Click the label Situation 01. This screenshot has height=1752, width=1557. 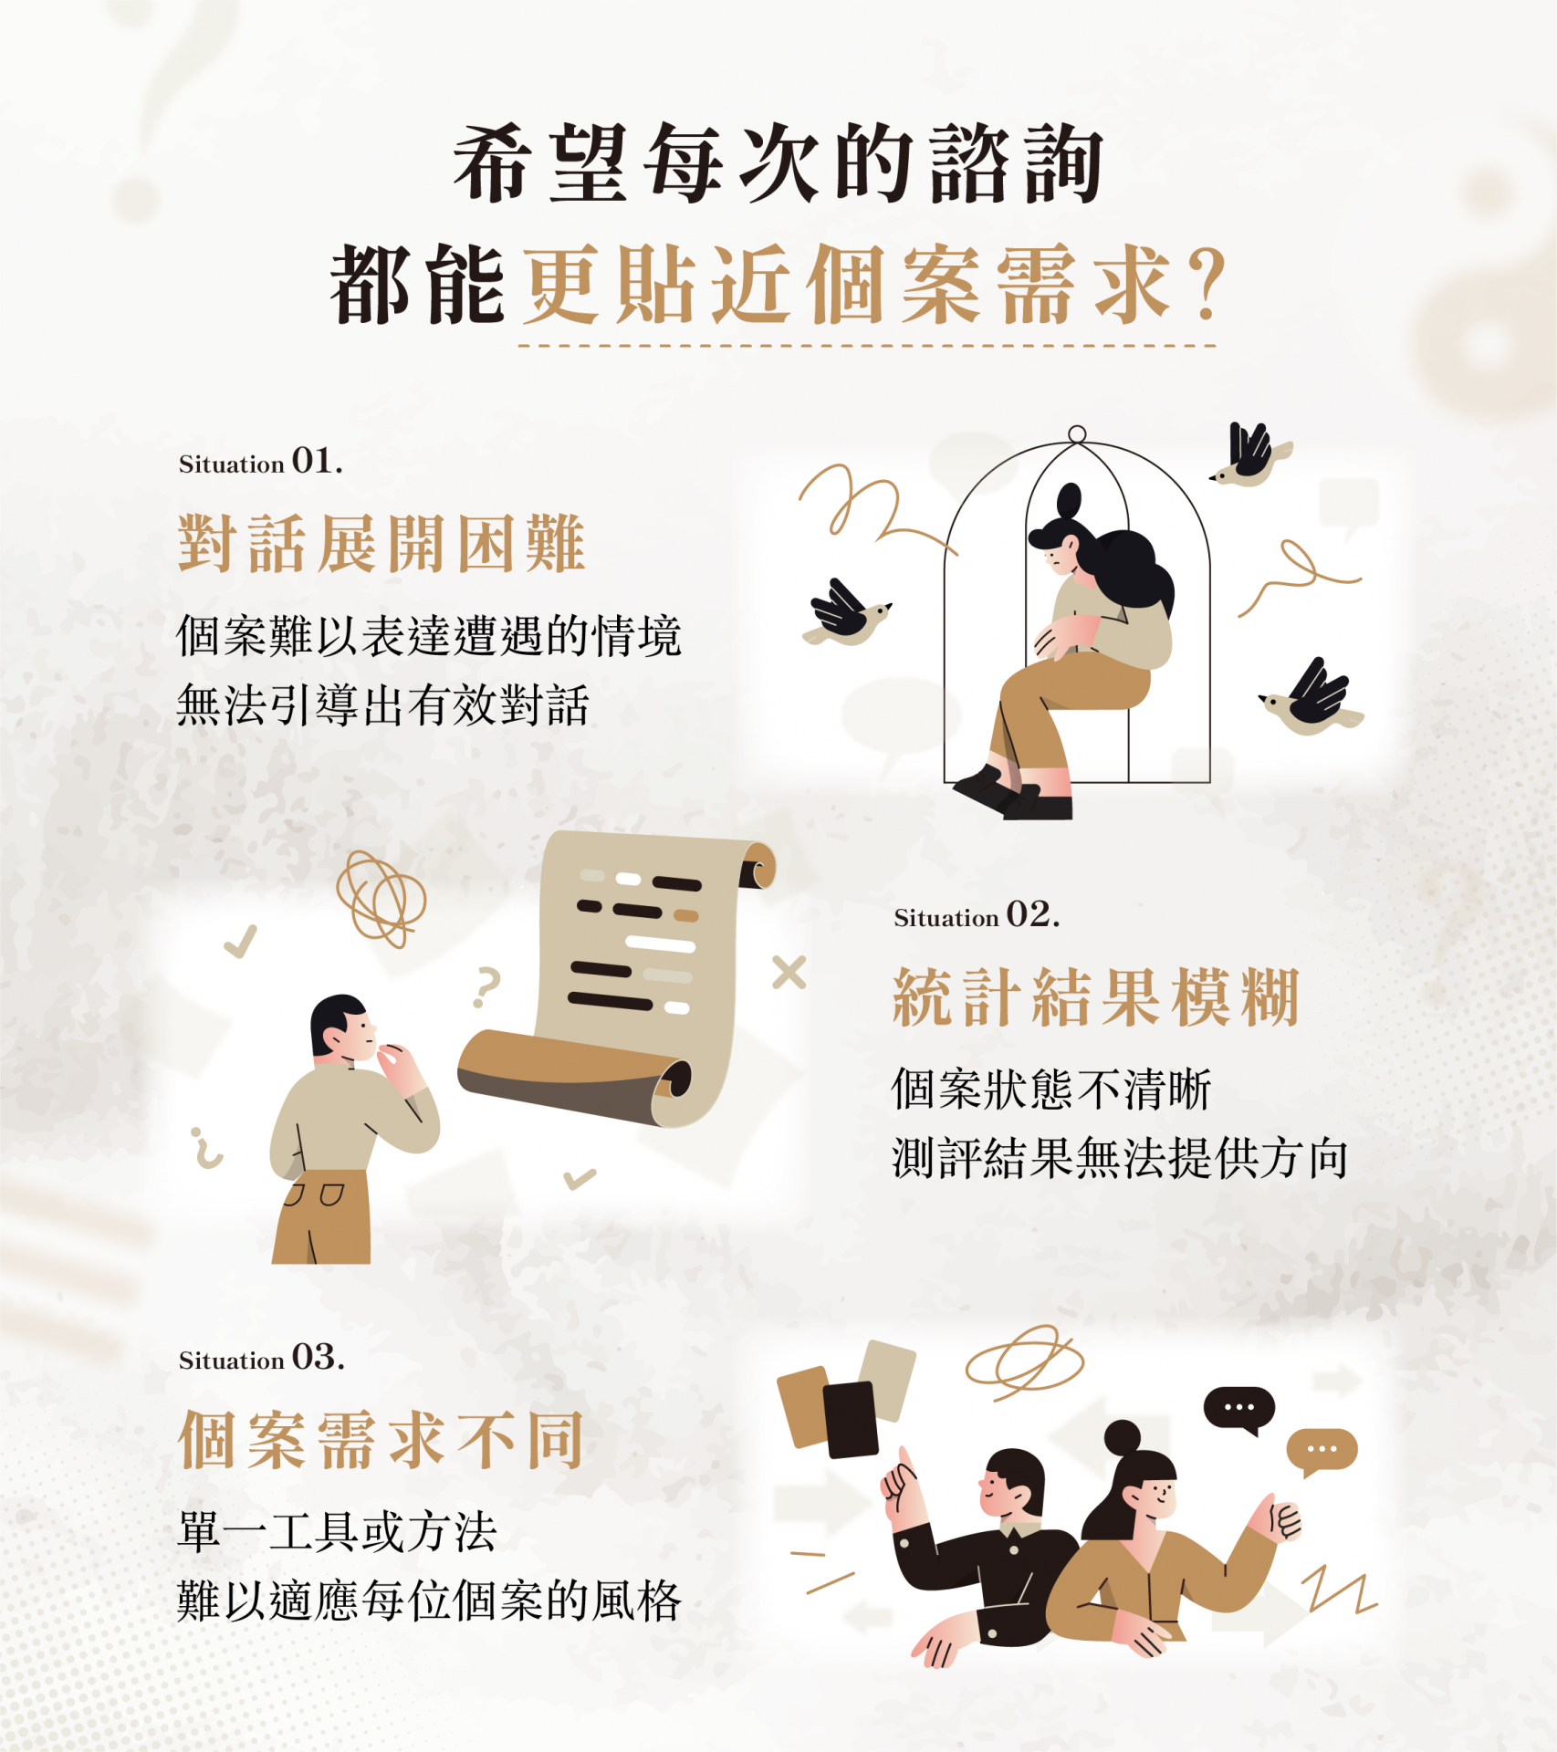[x=261, y=461]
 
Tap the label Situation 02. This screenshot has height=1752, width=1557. [x=977, y=914]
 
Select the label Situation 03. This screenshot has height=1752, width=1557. [x=262, y=1357]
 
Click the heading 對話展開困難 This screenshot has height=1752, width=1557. [x=381, y=544]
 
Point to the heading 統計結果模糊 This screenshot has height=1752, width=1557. [x=1096, y=997]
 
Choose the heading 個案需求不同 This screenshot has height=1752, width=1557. [x=381, y=1440]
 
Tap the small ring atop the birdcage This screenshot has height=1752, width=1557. [x=1077, y=434]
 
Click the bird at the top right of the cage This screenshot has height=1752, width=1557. [x=1251, y=454]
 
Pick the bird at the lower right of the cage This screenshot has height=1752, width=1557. [x=1311, y=698]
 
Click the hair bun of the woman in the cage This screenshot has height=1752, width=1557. [x=1069, y=500]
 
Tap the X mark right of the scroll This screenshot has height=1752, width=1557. [x=789, y=973]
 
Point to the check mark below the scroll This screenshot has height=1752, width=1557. [x=580, y=1178]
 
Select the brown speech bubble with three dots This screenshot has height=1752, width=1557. [x=1322, y=1451]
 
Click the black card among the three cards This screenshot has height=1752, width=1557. [x=851, y=1419]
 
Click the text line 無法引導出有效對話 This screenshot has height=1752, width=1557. [x=383, y=705]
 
